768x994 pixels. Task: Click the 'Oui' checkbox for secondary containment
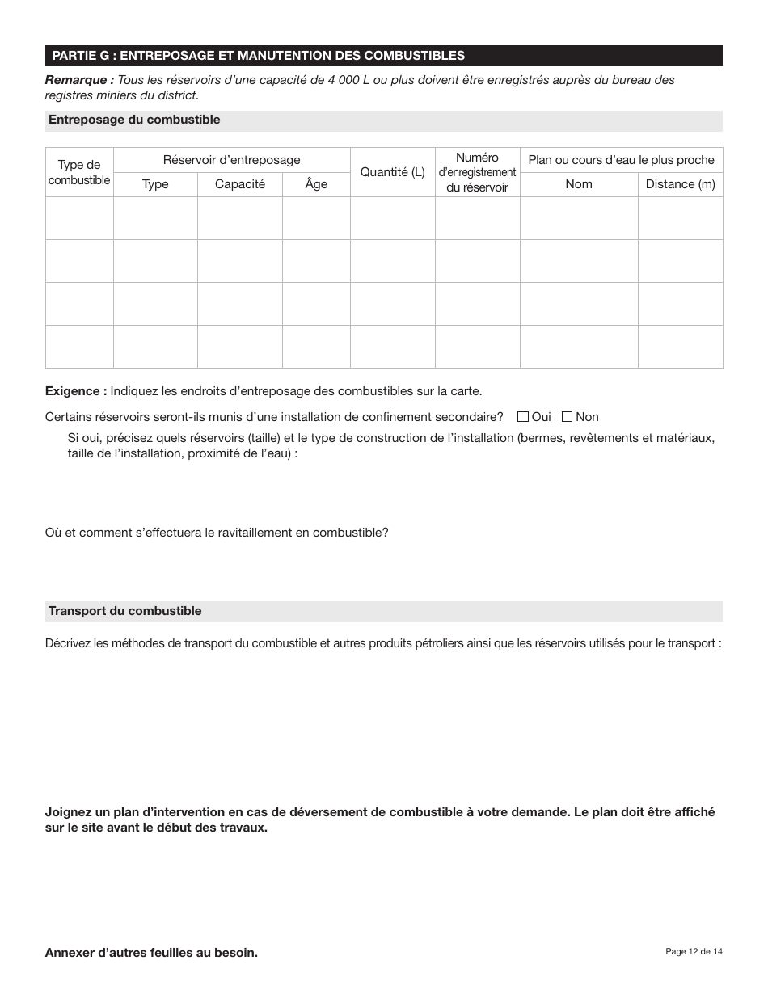(523, 417)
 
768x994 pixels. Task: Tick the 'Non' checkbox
(567, 417)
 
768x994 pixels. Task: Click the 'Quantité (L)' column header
(392, 172)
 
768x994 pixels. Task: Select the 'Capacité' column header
(239, 184)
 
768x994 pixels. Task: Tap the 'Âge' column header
(316, 184)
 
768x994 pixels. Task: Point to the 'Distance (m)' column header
(680, 184)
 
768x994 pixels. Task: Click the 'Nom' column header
(579, 184)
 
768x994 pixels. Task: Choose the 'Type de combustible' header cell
(79, 172)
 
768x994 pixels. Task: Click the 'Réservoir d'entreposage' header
(231, 160)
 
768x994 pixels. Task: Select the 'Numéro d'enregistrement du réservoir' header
(477, 172)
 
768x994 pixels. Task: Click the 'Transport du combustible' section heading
(124, 611)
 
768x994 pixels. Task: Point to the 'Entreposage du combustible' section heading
(134, 120)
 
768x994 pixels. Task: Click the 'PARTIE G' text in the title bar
(82, 56)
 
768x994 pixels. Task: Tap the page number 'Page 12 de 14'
(694, 951)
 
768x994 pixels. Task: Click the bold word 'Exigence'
(75, 391)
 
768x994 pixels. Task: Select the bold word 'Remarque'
(79, 80)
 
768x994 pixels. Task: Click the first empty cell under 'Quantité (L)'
(392, 218)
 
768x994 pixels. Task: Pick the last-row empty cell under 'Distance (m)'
(680, 347)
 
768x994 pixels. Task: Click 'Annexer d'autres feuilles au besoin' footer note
(151, 953)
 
